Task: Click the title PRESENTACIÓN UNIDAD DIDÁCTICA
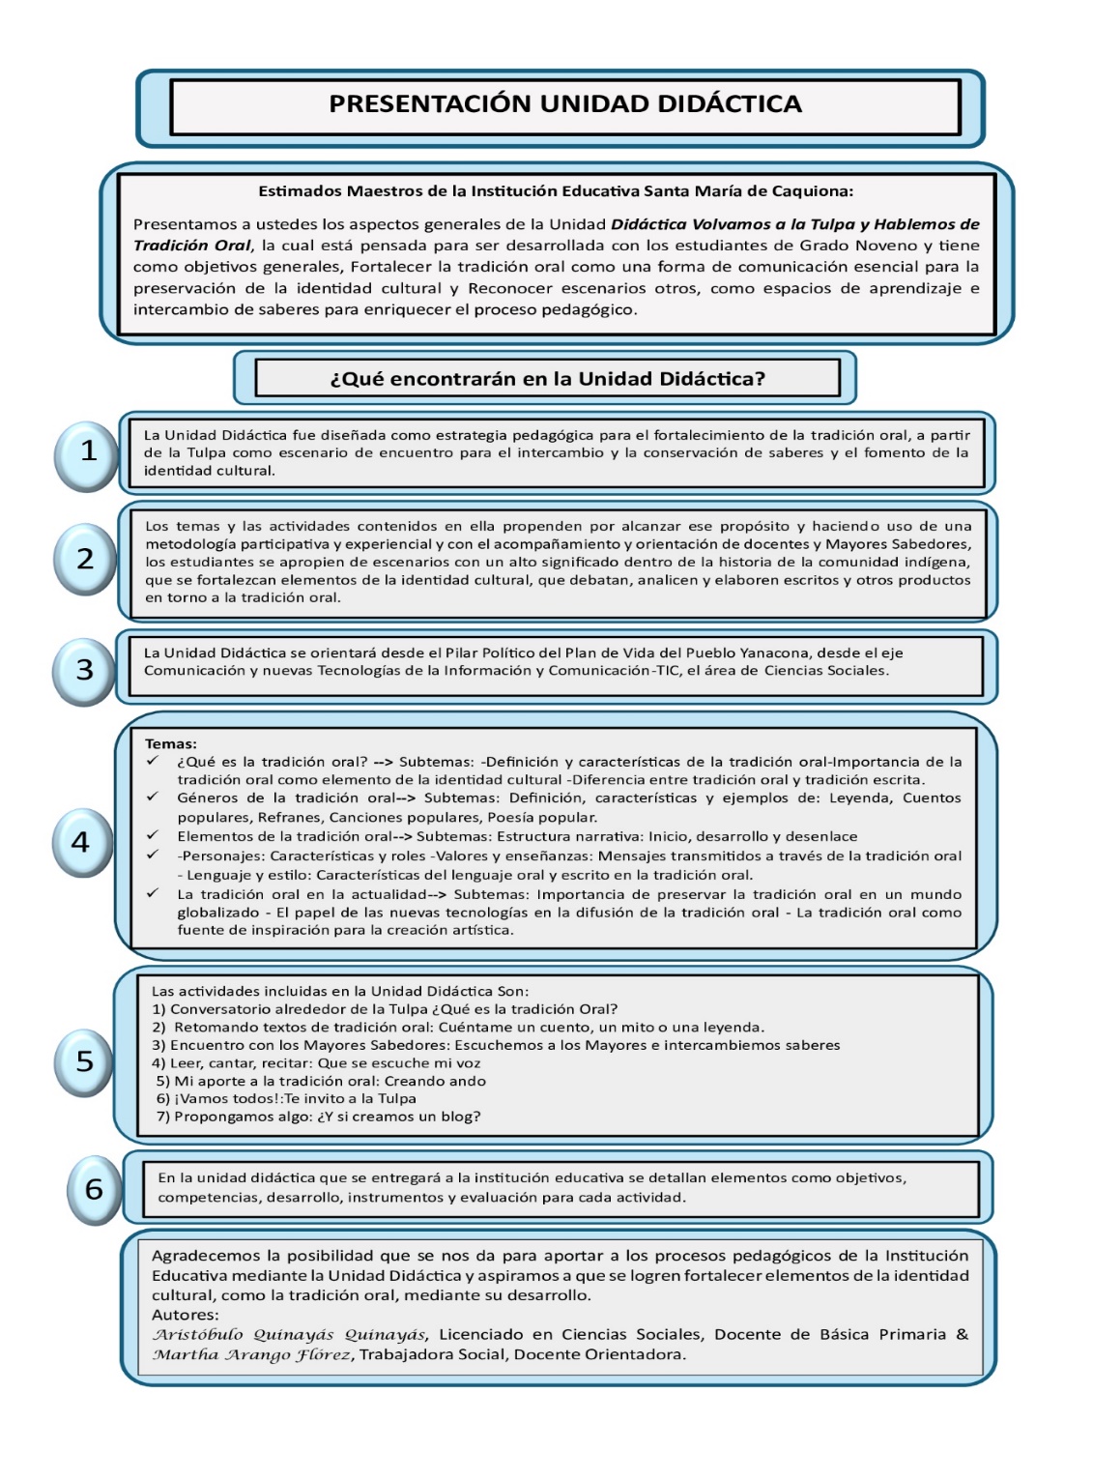[x=565, y=104]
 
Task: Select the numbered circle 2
[x=86, y=559]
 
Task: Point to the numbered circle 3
[x=85, y=669]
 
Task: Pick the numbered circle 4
[x=82, y=842]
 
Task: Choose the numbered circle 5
[x=85, y=1061]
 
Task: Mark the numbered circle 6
[x=95, y=1189]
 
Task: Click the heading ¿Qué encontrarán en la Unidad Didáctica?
[x=547, y=379]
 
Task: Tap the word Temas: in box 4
[x=171, y=744]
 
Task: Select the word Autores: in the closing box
[x=186, y=1315]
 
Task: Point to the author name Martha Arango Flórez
[x=252, y=1355]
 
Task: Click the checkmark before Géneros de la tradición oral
[x=152, y=798]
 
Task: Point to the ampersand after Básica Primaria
[x=962, y=1335]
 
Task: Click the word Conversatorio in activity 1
[x=216, y=1009]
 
